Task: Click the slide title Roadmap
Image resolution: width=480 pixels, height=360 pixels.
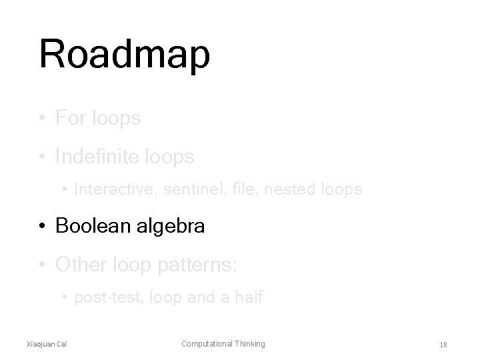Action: point(125,55)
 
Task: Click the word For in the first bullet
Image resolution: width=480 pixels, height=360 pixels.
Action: point(70,119)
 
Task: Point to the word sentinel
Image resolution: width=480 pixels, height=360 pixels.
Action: point(187,190)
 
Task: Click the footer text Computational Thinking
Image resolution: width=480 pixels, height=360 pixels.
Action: point(223,344)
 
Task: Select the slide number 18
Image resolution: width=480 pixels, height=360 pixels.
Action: point(443,345)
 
